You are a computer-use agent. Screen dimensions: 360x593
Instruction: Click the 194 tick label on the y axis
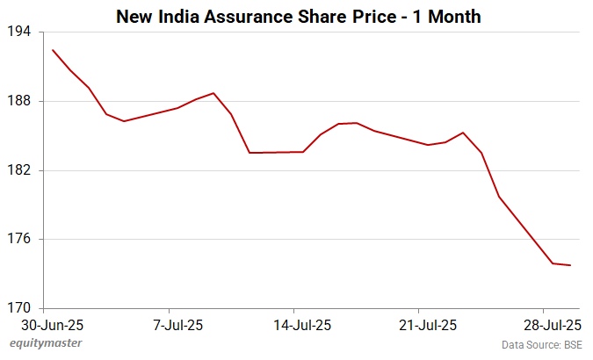click(20, 32)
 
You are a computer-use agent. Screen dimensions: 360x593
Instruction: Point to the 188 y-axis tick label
click(20, 101)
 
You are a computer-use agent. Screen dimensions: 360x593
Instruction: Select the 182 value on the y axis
click(20, 170)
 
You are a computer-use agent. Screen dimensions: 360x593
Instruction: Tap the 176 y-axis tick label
click(20, 240)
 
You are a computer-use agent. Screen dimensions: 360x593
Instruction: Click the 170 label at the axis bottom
click(20, 308)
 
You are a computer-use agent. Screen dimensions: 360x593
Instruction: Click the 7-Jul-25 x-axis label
click(178, 325)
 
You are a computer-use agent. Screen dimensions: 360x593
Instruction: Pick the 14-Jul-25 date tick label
click(303, 325)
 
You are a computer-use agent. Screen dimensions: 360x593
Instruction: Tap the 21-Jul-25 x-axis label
click(428, 325)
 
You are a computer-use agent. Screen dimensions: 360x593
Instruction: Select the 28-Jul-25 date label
click(553, 325)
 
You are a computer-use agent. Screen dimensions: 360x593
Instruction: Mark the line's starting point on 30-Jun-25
click(53, 50)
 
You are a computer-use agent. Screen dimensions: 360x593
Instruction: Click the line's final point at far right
click(571, 265)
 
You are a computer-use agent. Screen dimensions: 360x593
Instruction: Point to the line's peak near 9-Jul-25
click(213, 93)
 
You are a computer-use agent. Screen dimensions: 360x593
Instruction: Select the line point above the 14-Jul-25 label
click(303, 152)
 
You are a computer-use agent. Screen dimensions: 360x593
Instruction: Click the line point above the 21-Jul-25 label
click(428, 145)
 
